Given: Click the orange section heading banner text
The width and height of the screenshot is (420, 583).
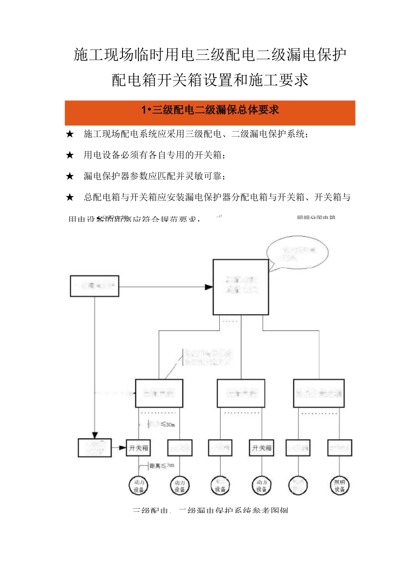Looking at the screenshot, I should coord(210,110).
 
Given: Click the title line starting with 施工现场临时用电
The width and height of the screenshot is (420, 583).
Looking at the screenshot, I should coord(210,55).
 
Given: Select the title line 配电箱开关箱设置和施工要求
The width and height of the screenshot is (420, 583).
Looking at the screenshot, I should coord(210,80).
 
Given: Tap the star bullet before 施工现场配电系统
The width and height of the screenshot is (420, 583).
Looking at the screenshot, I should coord(70,134).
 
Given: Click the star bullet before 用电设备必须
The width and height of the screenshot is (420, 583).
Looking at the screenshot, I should coord(70,155).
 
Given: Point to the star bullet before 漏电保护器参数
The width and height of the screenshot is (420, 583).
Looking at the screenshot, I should coord(70,176).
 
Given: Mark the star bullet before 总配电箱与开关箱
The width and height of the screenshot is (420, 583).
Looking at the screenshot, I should coord(70,198).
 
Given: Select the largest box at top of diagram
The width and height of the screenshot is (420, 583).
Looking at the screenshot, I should coord(241,287).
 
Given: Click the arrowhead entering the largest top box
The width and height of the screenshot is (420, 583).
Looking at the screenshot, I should coord(209,287).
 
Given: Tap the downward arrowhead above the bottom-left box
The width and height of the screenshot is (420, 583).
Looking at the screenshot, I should coord(95,435).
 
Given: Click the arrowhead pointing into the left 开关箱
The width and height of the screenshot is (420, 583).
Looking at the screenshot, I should coord(123,448).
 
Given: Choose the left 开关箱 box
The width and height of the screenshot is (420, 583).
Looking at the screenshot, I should coord(139,448).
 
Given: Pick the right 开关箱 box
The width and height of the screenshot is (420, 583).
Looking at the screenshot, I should coord(262,448).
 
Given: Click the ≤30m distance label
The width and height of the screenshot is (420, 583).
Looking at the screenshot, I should coord(167,424).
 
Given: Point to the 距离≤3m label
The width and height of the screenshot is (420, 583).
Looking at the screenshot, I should coord(162,465).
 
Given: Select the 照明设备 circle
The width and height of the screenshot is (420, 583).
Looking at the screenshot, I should coord(340,486).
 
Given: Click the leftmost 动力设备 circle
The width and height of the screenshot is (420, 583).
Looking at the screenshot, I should coord(139,486).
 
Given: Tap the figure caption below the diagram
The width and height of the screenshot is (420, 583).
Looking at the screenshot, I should coord(210,511).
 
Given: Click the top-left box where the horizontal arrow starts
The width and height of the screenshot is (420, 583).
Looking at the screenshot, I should coord(95,286).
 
